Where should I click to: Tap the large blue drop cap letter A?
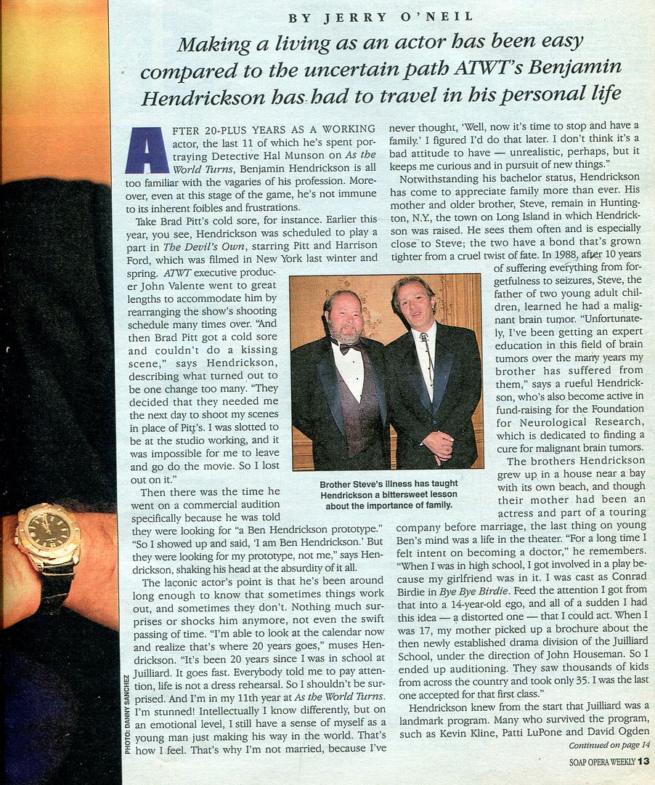(147, 150)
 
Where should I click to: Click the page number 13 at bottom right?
(644, 762)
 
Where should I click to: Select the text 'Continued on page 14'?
(609, 745)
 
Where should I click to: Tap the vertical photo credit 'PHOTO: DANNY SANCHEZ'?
(128, 713)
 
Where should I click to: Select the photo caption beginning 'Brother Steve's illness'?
(388, 494)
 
